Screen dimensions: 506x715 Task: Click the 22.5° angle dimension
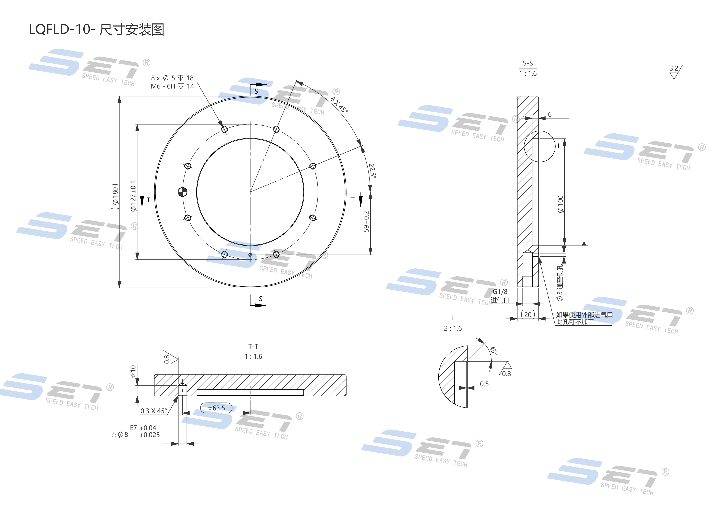point(372,171)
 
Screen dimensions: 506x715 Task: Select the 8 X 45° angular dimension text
point(339,104)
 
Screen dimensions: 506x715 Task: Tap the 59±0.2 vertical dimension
point(366,222)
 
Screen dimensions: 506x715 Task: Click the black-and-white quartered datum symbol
point(182,192)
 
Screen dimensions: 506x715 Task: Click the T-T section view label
point(253,347)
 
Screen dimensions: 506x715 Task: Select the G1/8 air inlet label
point(500,292)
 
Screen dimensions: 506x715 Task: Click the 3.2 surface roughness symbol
point(674,72)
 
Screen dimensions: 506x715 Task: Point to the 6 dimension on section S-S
point(550,114)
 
